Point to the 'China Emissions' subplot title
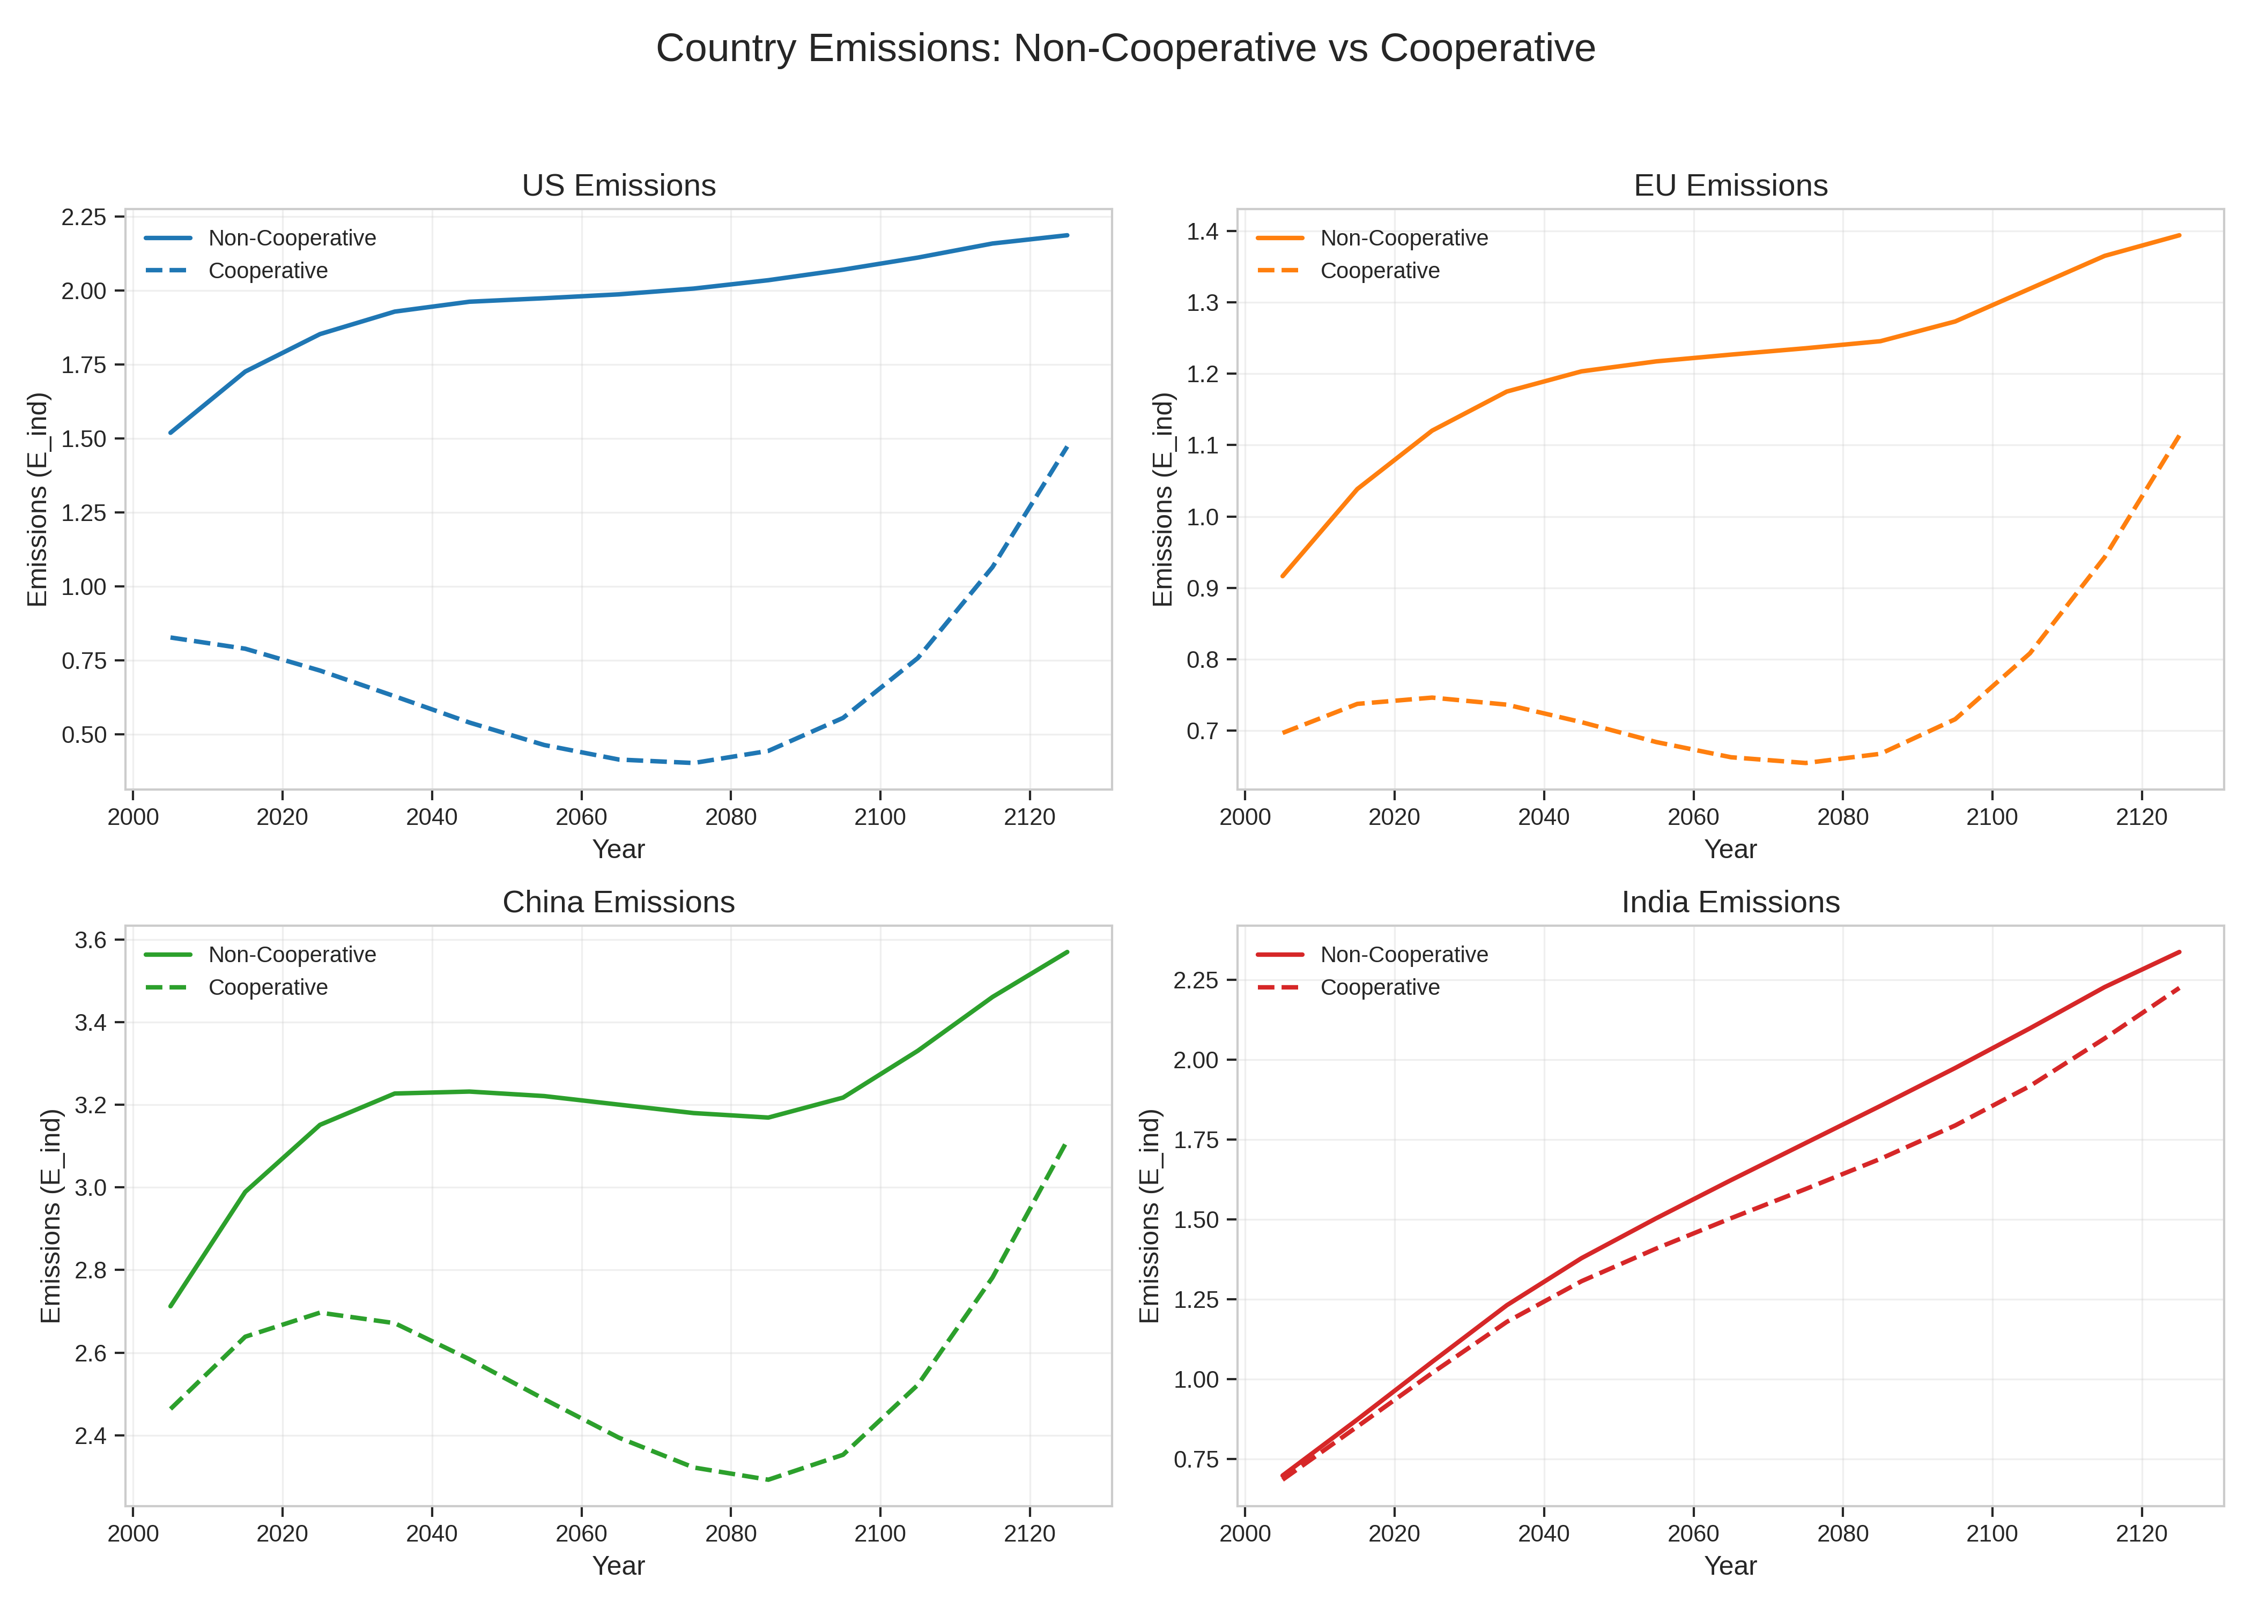(618, 902)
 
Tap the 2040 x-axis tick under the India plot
(1543, 1533)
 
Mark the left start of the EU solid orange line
(1283, 576)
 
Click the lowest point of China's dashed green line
(767, 1479)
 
